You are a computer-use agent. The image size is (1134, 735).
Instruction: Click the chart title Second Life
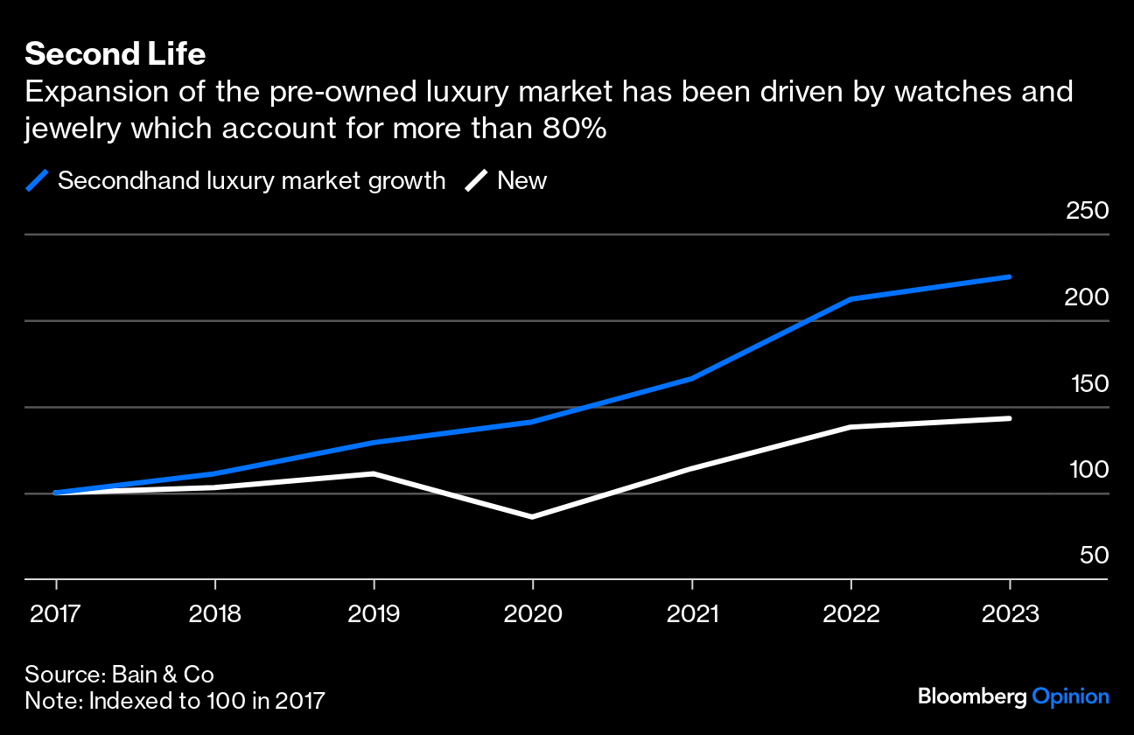point(115,54)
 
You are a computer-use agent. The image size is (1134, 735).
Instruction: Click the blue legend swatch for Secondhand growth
point(38,181)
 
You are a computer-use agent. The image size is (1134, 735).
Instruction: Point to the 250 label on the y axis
point(1086,211)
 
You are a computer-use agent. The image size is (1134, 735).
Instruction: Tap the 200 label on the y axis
point(1086,297)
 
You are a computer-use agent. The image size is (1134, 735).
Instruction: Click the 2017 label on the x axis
point(56,613)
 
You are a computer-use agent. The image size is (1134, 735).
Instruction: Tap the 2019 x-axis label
point(374,613)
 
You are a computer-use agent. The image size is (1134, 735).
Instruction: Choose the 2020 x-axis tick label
point(533,613)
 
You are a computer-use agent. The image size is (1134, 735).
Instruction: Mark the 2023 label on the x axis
point(1010,613)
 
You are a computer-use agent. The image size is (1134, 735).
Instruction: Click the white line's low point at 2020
point(533,517)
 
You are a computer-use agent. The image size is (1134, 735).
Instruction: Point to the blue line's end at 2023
point(1010,276)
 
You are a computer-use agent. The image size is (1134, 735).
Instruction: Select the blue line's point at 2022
point(850,299)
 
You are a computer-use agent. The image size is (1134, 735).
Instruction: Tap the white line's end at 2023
point(1010,418)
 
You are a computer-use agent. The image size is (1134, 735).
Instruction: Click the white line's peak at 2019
point(374,473)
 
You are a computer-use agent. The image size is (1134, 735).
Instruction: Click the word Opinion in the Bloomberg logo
point(1070,696)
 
